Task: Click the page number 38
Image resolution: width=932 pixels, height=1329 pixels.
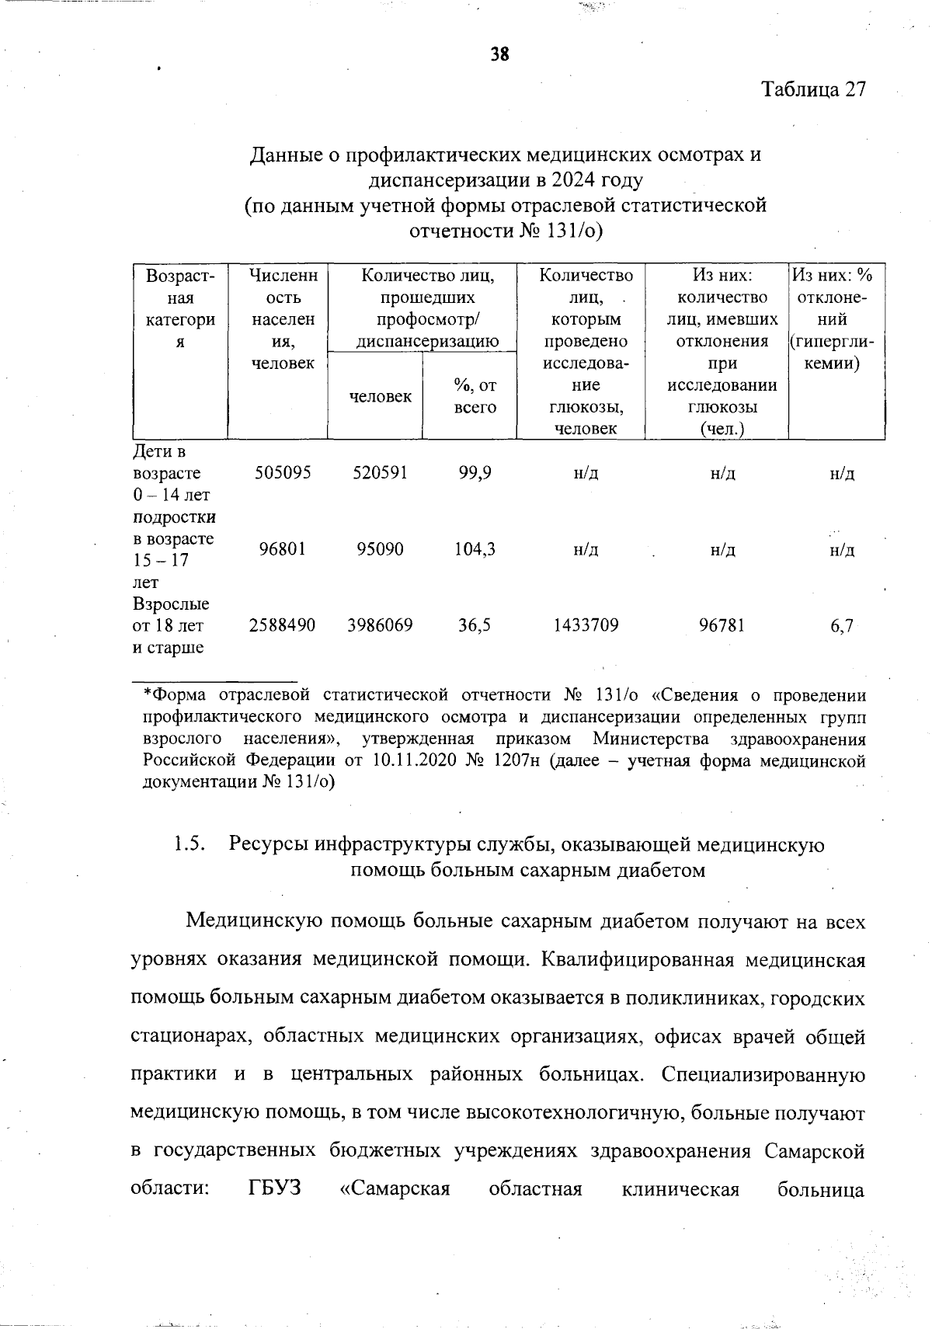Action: click(499, 54)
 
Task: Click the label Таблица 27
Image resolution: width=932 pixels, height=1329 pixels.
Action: click(812, 89)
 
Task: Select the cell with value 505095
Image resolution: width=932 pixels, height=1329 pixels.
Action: click(283, 473)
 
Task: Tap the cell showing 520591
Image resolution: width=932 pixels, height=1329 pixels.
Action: click(380, 473)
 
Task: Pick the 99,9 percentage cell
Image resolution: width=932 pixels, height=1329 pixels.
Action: click(475, 473)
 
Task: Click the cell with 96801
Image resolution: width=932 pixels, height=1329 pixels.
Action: click(283, 549)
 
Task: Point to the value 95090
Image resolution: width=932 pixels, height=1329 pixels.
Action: click(380, 549)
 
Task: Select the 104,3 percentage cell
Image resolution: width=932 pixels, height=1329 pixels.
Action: click(475, 549)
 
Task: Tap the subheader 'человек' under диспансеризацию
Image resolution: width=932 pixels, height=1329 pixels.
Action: click(380, 397)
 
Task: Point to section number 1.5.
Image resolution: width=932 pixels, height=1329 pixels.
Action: click(190, 844)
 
